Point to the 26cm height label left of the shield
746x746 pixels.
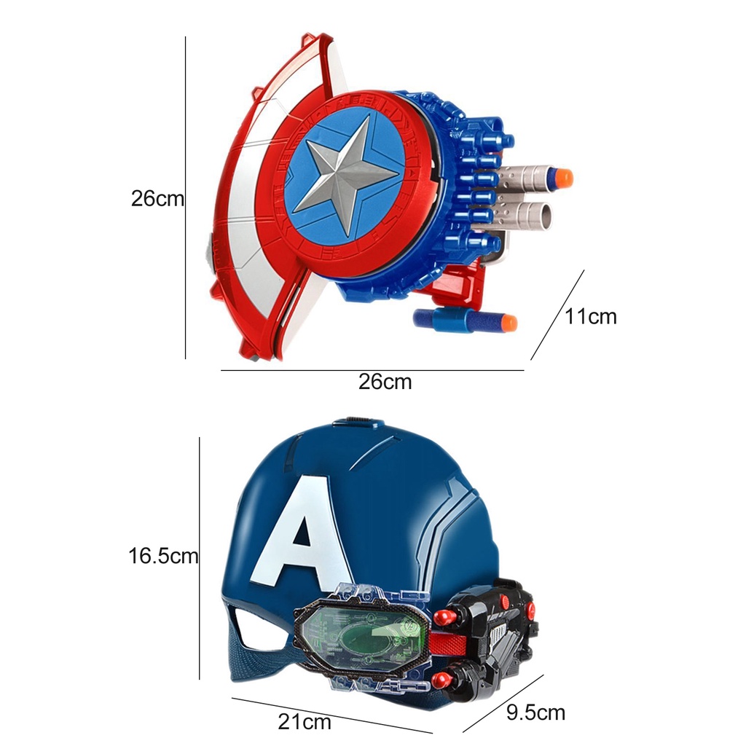pos(157,199)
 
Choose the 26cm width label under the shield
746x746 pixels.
pos(385,382)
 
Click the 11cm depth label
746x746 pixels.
pos(591,316)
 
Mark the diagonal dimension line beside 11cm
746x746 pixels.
pos(557,315)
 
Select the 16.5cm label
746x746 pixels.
pos(163,556)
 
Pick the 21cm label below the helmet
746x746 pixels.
pos(304,722)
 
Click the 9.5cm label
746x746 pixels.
pos(535,712)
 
